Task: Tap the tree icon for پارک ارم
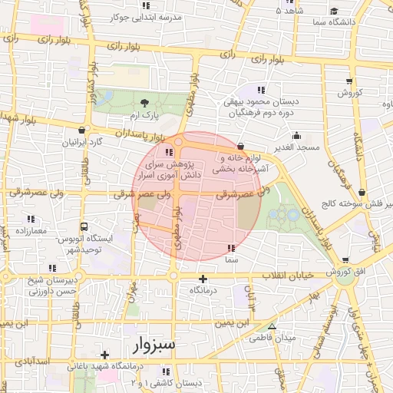pos(145,102)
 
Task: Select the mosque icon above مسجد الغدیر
pos(297,136)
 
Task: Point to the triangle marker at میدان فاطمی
pos(271,327)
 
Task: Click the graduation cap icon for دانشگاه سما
pos(335,11)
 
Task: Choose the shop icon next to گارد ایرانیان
pos(82,131)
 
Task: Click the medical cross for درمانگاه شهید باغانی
pos(105,355)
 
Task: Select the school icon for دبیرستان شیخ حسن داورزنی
pos(52,268)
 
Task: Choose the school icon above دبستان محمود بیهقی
pos(263,90)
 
